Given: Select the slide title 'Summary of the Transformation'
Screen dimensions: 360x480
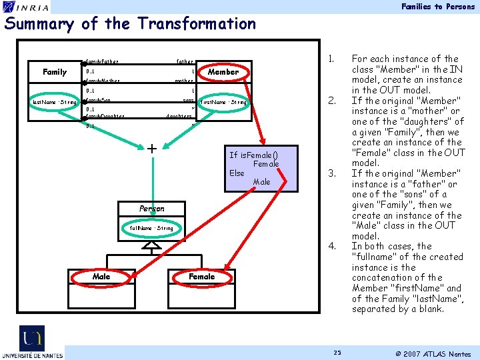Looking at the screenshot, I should pos(130,24).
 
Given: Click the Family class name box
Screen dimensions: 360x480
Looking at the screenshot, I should pos(55,72).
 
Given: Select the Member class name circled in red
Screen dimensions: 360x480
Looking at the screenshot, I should pos(223,71).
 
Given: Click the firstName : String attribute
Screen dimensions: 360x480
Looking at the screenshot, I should pos(224,102).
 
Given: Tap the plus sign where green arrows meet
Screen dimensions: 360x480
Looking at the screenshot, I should pos(152,148).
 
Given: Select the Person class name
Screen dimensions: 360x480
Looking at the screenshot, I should pos(152,209).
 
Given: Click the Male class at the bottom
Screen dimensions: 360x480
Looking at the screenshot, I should pos(101,276).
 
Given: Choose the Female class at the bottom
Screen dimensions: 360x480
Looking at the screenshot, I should pos(201,276).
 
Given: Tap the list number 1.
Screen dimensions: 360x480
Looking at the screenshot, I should pos(331,59).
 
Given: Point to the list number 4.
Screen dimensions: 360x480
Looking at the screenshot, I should pos(331,246).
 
